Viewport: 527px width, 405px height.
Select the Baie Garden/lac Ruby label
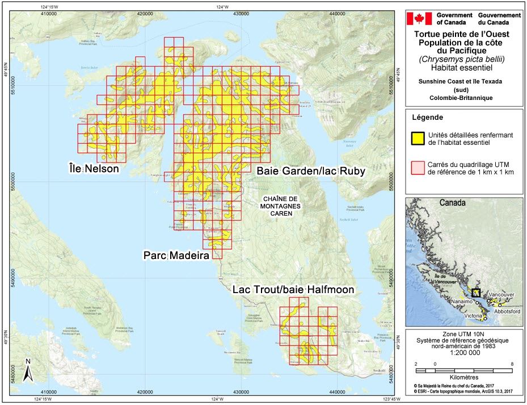(x=310, y=170)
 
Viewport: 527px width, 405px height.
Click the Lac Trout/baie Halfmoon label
(x=293, y=290)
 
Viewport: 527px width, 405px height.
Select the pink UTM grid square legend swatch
(x=417, y=166)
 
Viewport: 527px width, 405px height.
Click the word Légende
(x=428, y=118)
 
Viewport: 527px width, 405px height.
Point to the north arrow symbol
(x=27, y=370)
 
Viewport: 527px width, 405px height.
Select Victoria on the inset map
(x=474, y=315)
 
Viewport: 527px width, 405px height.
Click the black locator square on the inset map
(x=475, y=293)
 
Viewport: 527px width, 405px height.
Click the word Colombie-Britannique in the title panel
(x=461, y=98)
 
